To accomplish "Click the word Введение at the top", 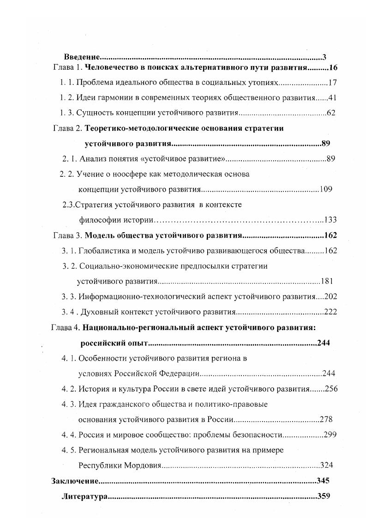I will point(82,57).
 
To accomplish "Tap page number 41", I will point(333,98).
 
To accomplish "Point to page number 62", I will point(331,113).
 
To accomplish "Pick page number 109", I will point(325,189).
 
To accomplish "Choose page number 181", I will point(326,281).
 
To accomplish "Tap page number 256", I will point(331,389).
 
